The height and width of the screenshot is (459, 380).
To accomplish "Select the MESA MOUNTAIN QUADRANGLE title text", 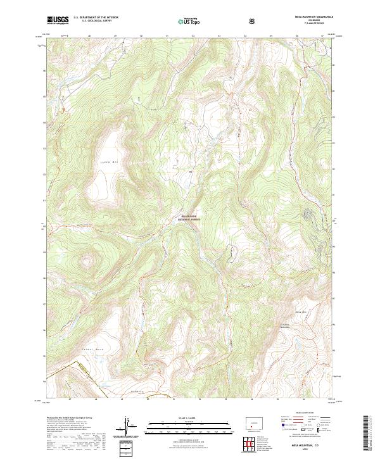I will click(314, 16).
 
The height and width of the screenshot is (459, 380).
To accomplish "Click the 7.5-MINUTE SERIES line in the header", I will click(314, 23).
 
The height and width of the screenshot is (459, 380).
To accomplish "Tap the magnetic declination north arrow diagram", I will click(127, 426).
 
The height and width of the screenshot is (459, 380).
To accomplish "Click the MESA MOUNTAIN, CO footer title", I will click(310, 446).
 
